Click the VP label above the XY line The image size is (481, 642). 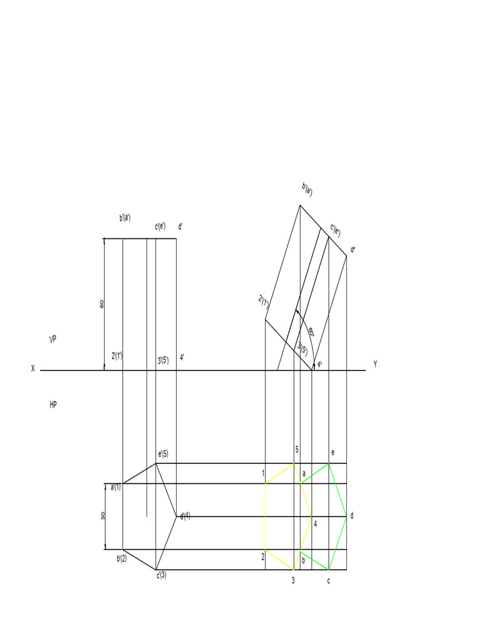[x=53, y=339]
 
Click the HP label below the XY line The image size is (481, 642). [x=53, y=405]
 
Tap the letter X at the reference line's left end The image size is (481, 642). [x=33, y=369]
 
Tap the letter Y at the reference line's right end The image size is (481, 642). [x=375, y=364]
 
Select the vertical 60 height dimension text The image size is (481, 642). [x=102, y=303]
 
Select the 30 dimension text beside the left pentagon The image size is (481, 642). [x=103, y=515]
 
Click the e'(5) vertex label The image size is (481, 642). [x=162, y=454]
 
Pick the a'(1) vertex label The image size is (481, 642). [x=116, y=487]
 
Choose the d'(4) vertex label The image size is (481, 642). [x=185, y=517]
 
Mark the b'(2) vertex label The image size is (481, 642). [x=122, y=558]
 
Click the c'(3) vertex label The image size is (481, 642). [x=162, y=575]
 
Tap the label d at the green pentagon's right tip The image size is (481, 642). [x=352, y=516]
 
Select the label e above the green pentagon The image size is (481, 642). [x=333, y=453]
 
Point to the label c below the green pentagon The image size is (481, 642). [x=328, y=581]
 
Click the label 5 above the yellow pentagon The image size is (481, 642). [x=297, y=450]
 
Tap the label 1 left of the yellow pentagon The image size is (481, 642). [x=264, y=473]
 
